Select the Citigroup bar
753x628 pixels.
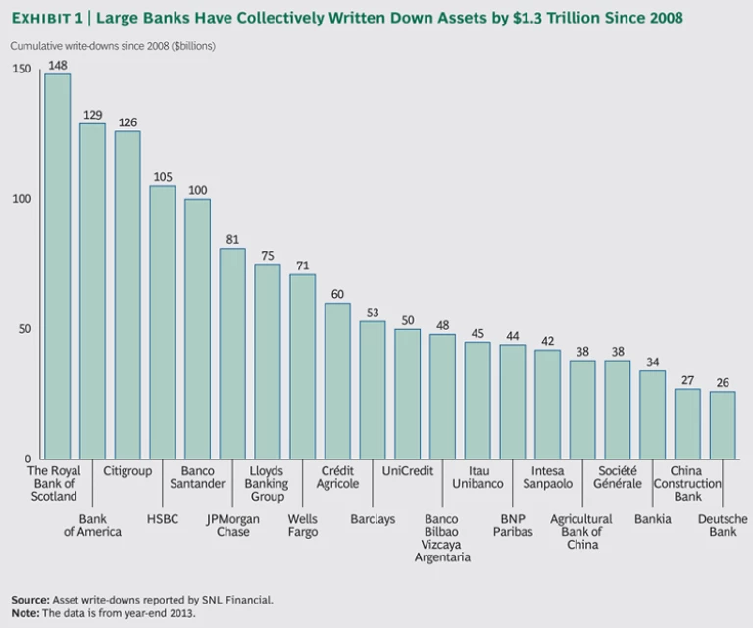[x=127, y=294]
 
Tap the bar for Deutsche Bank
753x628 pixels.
[x=723, y=424]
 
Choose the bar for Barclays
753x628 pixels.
[x=373, y=389]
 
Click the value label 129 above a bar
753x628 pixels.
[x=92, y=115]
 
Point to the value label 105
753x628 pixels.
[x=163, y=177]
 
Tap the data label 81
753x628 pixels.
[x=232, y=239]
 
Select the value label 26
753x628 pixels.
[x=723, y=382]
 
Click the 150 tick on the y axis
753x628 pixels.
[x=22, y=70]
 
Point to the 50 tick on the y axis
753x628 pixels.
[x=25, y=329]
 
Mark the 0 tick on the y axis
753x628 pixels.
[x=28, y=459]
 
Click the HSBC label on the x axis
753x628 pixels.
[x=163, y=518]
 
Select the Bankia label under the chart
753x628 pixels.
[x=653, y=518]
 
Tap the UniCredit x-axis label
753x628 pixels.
[x=407, y=471]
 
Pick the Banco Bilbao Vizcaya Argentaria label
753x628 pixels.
[x=443, y=538]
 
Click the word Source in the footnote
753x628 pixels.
[x=28, y=599]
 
